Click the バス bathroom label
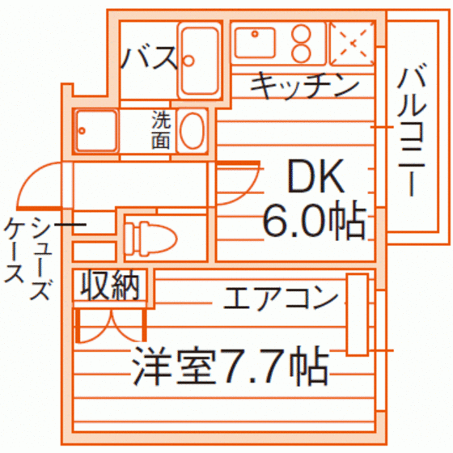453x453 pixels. coord(149,58)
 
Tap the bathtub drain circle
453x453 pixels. coord(188,61)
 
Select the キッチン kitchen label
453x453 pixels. coord(304,86)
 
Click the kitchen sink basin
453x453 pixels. coord(255,42)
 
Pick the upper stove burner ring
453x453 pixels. coord(301,34)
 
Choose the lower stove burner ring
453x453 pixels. coord(301,53)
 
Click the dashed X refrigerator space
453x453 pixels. coord(352,44)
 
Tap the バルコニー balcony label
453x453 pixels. coord(413,132)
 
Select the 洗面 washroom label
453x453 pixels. coord(161,129)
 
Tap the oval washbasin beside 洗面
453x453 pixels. coord(193,130)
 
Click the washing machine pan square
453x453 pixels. coord(96,130)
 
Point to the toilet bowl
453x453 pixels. coord(150,239)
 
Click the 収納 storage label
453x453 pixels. coord(110,286)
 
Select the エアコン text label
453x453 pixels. coord(280,298)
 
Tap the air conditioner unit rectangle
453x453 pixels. coord(358,315)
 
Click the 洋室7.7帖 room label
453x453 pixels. coord(231,366)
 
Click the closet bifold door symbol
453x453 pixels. coord(111,326)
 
